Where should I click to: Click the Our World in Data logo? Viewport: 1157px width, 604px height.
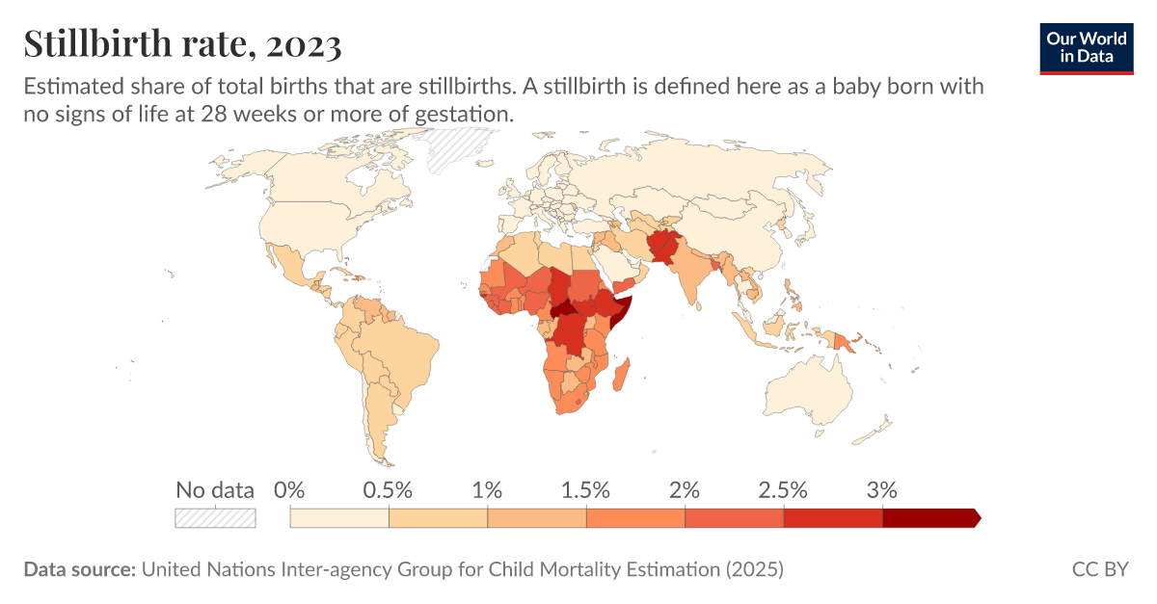[1086, 45]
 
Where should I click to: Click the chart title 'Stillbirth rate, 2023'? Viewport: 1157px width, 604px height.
[182, 44]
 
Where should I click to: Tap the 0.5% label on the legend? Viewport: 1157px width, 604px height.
[388, 489]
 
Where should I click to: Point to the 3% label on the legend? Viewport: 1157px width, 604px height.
[882, 489]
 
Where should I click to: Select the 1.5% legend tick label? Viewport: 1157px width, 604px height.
[586, 489]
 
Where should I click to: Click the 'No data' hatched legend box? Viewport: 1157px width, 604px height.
[215, 518]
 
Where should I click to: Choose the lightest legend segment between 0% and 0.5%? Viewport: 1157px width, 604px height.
[339, 518]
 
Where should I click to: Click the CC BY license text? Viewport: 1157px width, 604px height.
[1099, 569]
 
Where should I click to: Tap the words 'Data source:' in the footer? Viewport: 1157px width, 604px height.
[79, 569]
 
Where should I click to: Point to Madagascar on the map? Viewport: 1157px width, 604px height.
[623, 374]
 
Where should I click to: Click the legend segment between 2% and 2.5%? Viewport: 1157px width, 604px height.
[734, 518]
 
